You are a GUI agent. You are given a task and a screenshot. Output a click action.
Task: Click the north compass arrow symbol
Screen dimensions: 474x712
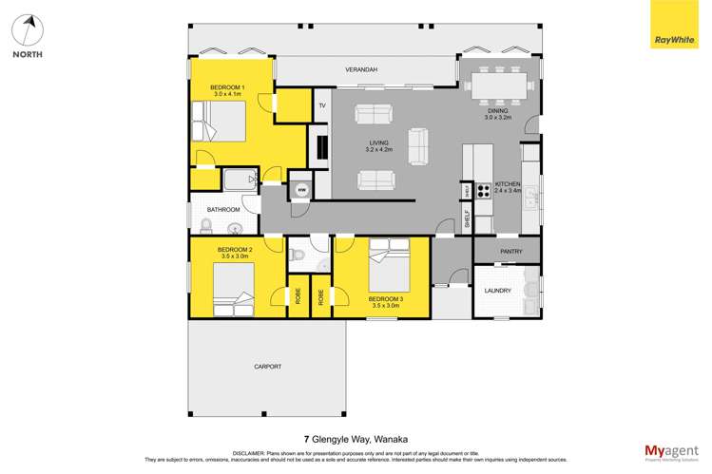click(28, 30)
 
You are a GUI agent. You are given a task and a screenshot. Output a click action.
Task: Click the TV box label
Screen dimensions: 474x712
click(321, 105)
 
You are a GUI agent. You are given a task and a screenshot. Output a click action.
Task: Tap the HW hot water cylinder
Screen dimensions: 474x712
click(300, 189)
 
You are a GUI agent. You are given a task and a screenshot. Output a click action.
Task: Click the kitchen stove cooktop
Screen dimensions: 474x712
click(482, 189)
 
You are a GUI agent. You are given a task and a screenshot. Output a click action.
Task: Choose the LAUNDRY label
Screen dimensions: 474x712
click(498, 291)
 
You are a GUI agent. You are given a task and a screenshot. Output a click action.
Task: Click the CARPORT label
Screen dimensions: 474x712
click(267, 367)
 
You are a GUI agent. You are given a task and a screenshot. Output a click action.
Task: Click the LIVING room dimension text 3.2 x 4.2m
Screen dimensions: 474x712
click(380, 150)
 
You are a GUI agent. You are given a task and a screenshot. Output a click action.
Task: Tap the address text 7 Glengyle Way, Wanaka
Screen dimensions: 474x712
click(356, 439)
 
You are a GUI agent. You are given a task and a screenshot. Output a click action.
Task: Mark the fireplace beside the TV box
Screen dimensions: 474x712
click(321, 147)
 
